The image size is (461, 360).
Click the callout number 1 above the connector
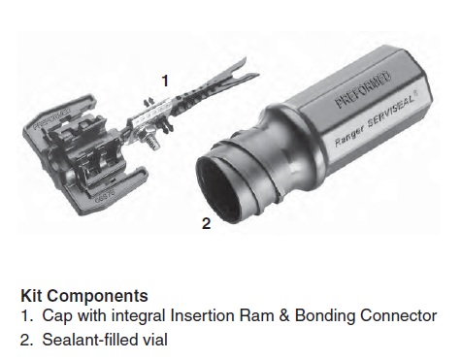point(165,81)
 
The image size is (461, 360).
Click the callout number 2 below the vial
point(206,223)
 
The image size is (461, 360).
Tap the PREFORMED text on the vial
point(363,89)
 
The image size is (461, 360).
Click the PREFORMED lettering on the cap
point(51,118)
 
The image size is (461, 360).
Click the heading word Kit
point(32,295)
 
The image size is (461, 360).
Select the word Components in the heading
point(97,296)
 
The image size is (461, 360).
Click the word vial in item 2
point(154,340)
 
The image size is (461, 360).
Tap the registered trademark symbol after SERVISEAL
point(416,93)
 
